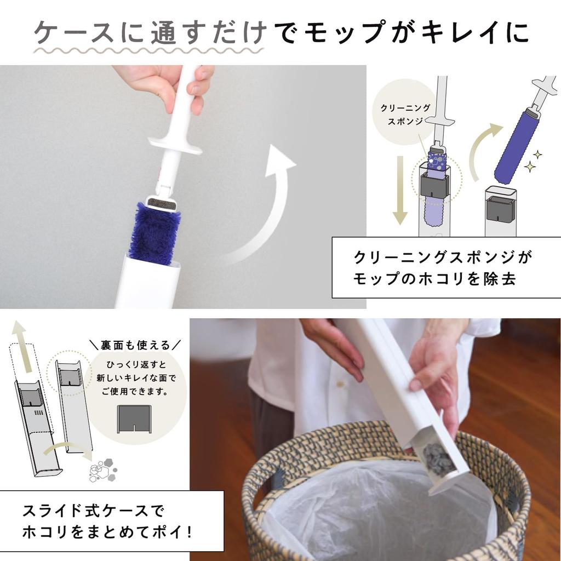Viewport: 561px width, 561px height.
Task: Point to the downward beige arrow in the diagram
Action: click(x=400, y=189)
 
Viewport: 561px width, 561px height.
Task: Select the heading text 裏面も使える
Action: click(x=135, y=345)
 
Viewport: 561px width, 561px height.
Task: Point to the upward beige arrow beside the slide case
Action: click(x=21, y=340)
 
